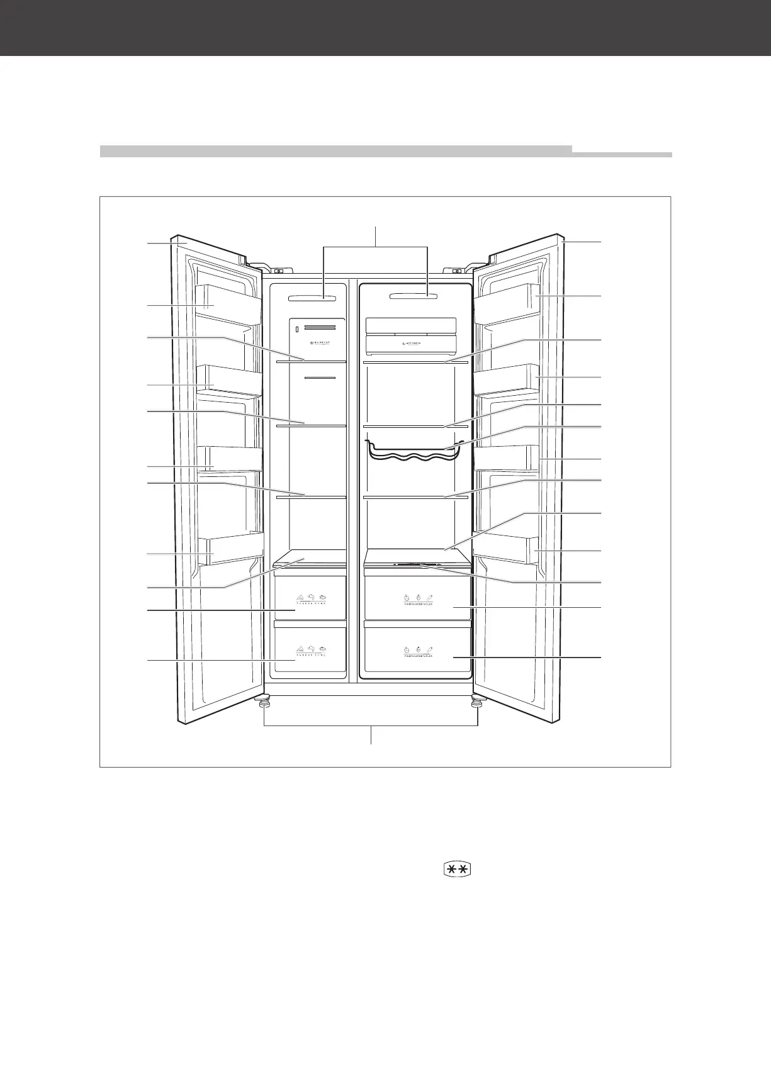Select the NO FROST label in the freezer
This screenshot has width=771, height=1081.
pos(320,343)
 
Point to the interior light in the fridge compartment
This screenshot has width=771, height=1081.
pos(414,295)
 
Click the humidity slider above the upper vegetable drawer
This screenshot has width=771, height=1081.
pos(417,564)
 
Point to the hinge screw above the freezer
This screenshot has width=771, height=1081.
pos(278,272)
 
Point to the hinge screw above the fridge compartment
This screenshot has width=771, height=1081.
pos(458,271)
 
